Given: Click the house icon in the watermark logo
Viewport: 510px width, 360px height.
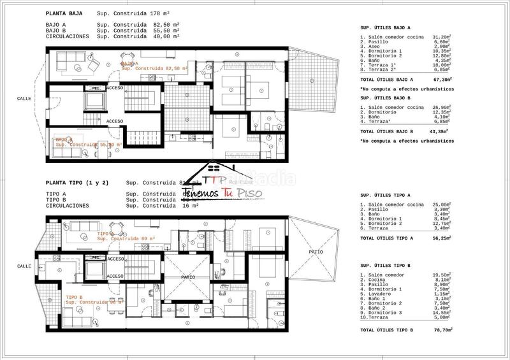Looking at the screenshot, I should click(215, 174).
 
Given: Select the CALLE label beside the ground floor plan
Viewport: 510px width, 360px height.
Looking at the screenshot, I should click(24, 99).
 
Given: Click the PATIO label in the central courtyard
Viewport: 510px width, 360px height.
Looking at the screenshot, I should click(187, 277).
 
